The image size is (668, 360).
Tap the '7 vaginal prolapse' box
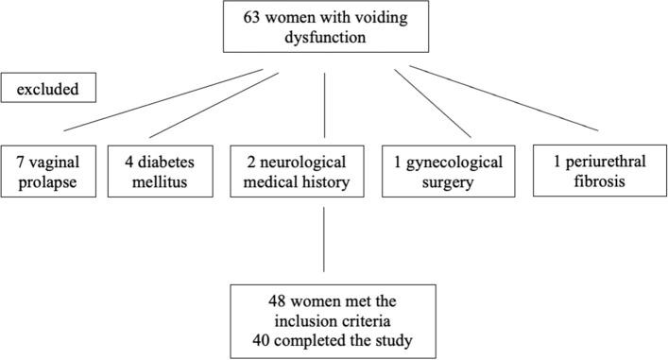point(50,171)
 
